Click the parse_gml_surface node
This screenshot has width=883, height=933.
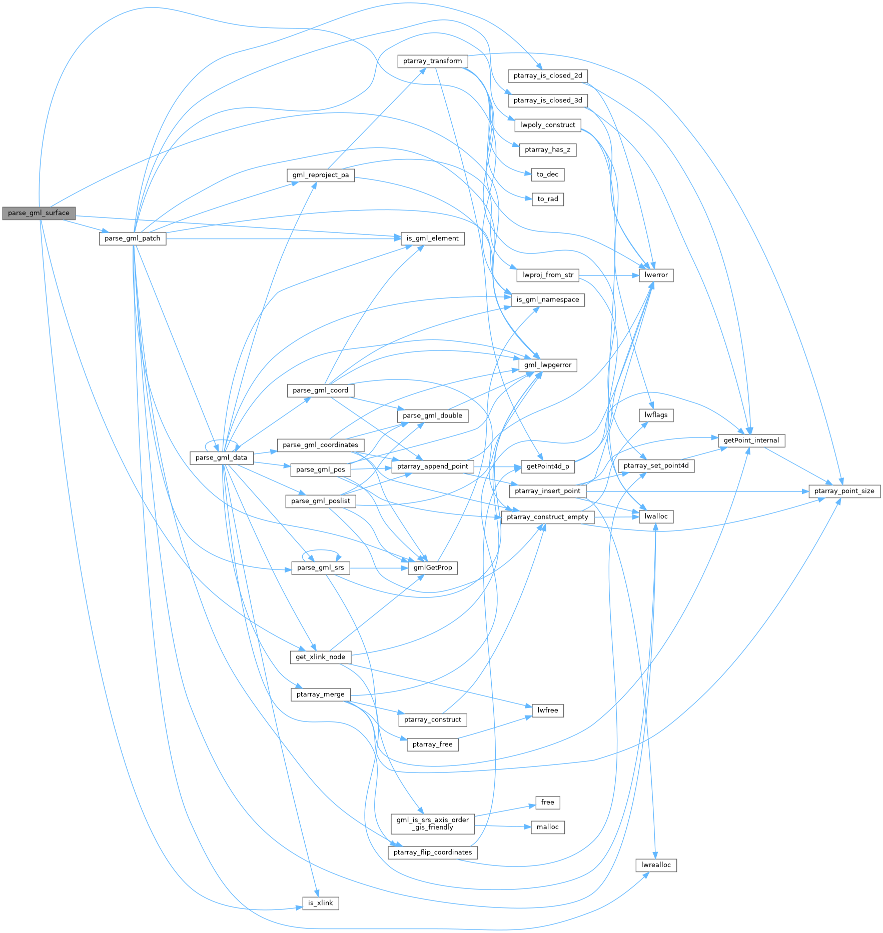click(x=39, y=213)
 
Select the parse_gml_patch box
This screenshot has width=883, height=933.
click(x=133, y=238)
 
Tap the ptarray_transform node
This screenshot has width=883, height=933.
click(x=433, y=61)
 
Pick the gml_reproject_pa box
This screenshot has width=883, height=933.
click(x=321, y=175)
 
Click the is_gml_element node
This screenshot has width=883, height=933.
click(x=433, y=238)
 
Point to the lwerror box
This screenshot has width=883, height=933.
click(x=656, y=275)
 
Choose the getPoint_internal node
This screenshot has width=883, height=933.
click(x=751, y=440)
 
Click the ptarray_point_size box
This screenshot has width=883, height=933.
click(x=844, y=491)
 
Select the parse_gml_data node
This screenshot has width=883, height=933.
click(x=222, y=457)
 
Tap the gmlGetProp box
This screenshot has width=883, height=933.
click(x=433, y=567)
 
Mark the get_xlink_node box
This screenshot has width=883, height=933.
click(x=321, y=656)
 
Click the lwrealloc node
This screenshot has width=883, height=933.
click(x=656, y=865)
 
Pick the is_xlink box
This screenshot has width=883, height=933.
click(x=321, y=903)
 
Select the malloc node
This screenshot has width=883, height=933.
click(x=548, y=827)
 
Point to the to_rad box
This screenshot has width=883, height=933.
click(x=548, y=199)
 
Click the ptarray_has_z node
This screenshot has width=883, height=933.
click(x=548, y=149)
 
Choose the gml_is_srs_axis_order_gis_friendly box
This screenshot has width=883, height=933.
click(x=433, y=823)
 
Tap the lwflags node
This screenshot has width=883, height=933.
click(x=656, y=415)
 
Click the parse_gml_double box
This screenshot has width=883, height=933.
click(x=433, y=415)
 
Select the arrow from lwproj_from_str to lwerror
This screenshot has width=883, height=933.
click(x=608, y=275)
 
